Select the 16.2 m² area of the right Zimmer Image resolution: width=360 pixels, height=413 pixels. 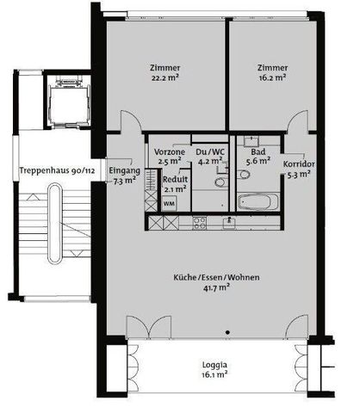click(271, 78)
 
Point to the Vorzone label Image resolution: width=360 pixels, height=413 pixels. click(169, 151)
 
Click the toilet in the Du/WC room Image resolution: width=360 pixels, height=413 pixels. click(220, 182)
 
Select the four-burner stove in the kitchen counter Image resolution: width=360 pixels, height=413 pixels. click(199, 222)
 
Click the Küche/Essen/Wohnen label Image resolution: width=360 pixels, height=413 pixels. click(216, 277)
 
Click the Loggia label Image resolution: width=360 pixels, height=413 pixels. click(215, 364)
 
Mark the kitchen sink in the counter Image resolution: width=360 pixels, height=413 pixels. click(231, 222)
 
